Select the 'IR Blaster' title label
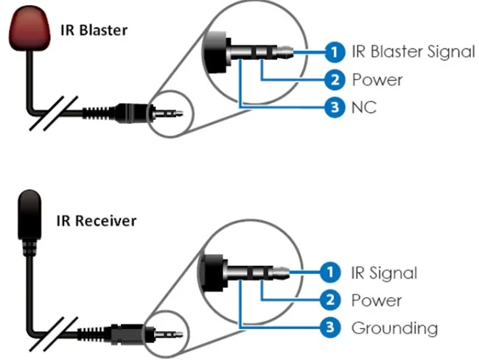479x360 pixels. (x=94, y=30)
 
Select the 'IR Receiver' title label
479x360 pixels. (x=98, y=220)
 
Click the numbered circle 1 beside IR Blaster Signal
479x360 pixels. (x=335, y=52)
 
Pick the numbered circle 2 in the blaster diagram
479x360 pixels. (x=335, y=80)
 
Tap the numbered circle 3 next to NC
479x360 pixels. (x=335, y=107)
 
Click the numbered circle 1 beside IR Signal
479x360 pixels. (x=331, y=273)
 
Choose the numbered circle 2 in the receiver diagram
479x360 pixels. (x=331, y=300)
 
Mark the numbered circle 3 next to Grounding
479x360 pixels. (x=331, y=328)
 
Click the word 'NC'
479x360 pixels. (x=364, y=107)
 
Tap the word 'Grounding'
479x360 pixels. (x=394, y=328)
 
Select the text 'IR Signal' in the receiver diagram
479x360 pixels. (x=383, y=273)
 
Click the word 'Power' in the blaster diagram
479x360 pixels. (x=377, y=80)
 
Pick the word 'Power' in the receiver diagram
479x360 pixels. (x=376, y=300)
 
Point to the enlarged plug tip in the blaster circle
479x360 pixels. (x=286, y=52)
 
